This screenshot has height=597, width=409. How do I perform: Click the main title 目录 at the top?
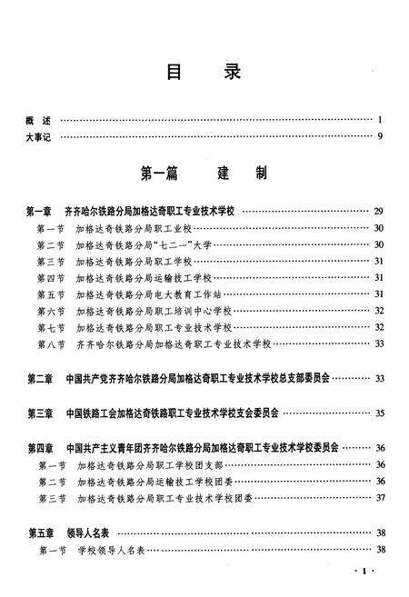(204, 74)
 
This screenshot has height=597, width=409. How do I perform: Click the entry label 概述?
(41, 120)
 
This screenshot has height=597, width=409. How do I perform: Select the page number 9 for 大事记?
(380, 136)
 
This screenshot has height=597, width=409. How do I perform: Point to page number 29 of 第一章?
(378, 212)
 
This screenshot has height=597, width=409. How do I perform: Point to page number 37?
(379, 498)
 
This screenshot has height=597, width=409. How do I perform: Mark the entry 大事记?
(41, 136)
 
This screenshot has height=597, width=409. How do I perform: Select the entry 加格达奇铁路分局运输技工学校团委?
(148, 482)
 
